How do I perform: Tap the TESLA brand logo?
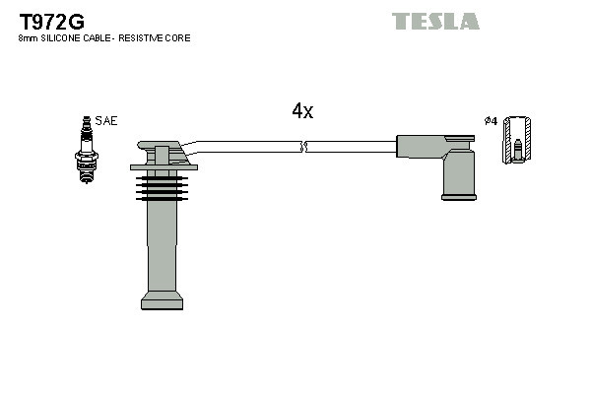(435, 21)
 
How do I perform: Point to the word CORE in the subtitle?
(178, 38)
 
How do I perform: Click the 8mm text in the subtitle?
(28, 38)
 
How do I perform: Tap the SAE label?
(106, 120)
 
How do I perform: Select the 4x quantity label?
(302, 111)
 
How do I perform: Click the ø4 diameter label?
(490, 120)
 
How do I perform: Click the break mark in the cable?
(303, 147)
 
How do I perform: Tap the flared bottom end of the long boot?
(162, 299)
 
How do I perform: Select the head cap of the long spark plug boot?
(162, 154)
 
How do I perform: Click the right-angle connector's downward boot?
(458, 173)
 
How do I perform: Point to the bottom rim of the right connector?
(458, 197)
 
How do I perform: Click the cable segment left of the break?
(246, 146)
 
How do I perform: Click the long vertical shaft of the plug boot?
(162, 241)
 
